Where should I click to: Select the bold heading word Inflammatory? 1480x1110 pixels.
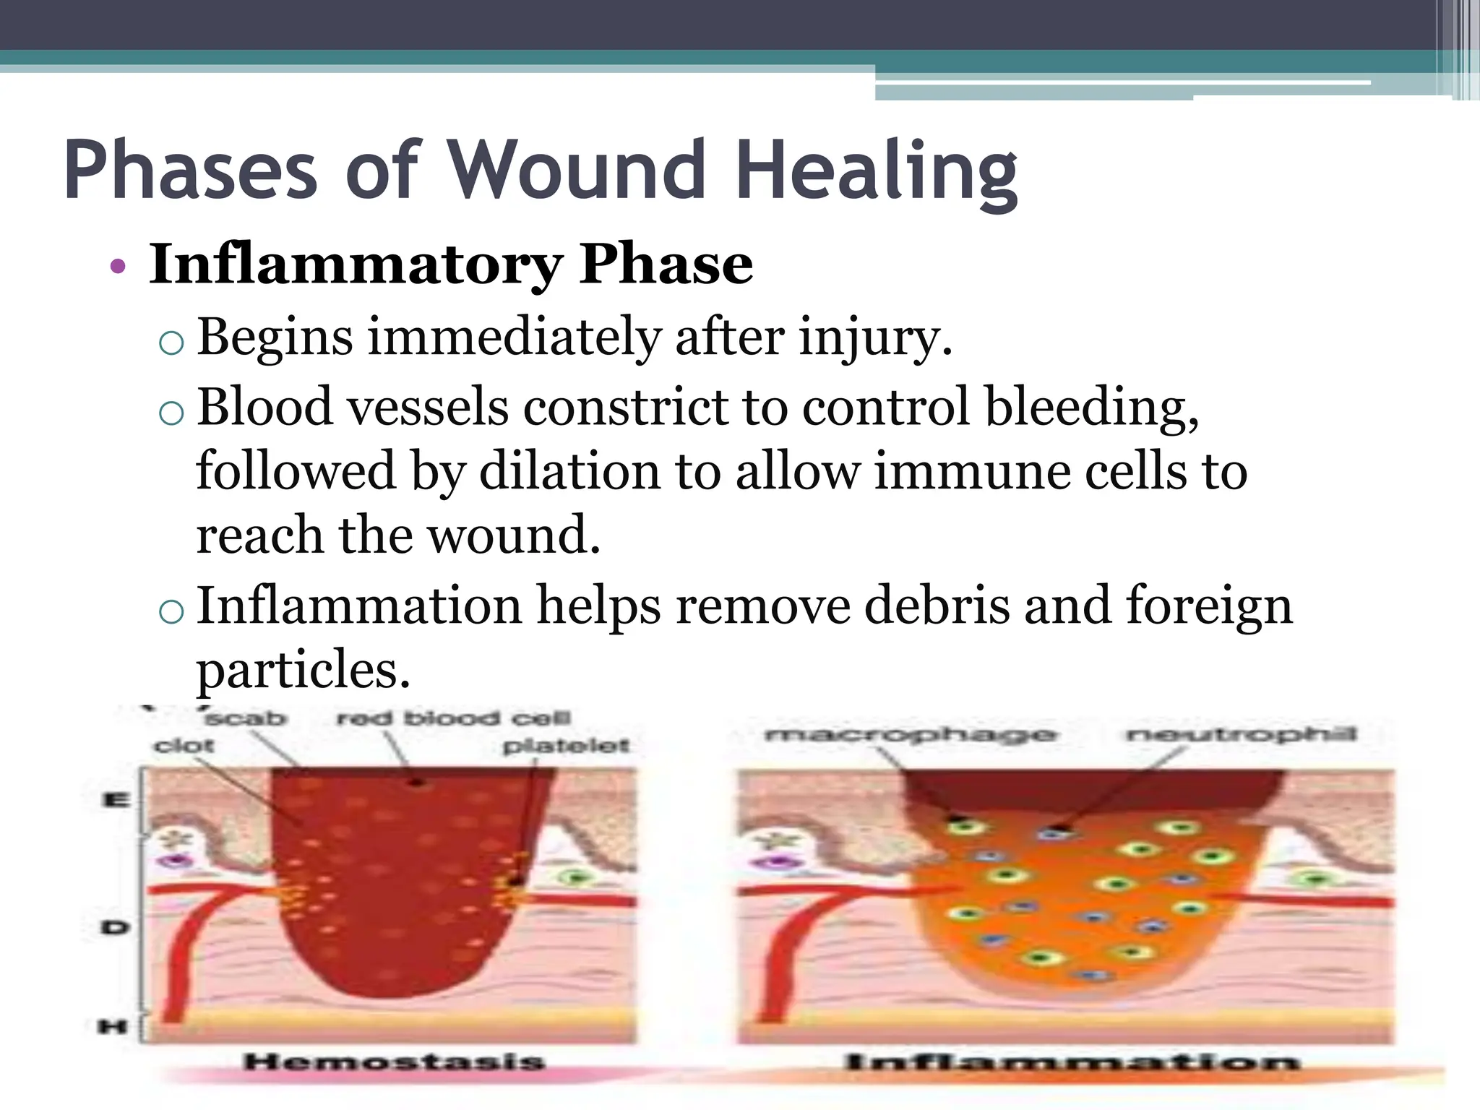tap(355, 264)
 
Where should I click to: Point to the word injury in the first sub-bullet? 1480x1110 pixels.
tap(874, 338)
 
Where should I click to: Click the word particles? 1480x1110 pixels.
tap(303, 670)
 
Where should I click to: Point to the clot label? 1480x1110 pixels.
tap(184, 745)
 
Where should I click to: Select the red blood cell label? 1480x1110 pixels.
tap(454, 718)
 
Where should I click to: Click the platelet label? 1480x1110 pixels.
tap(566, 745)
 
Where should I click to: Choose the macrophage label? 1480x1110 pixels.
tap(910, 736)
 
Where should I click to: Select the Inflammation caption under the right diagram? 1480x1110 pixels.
tap(1072, 1062)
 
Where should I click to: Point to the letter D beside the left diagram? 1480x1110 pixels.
tap(115, 926)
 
